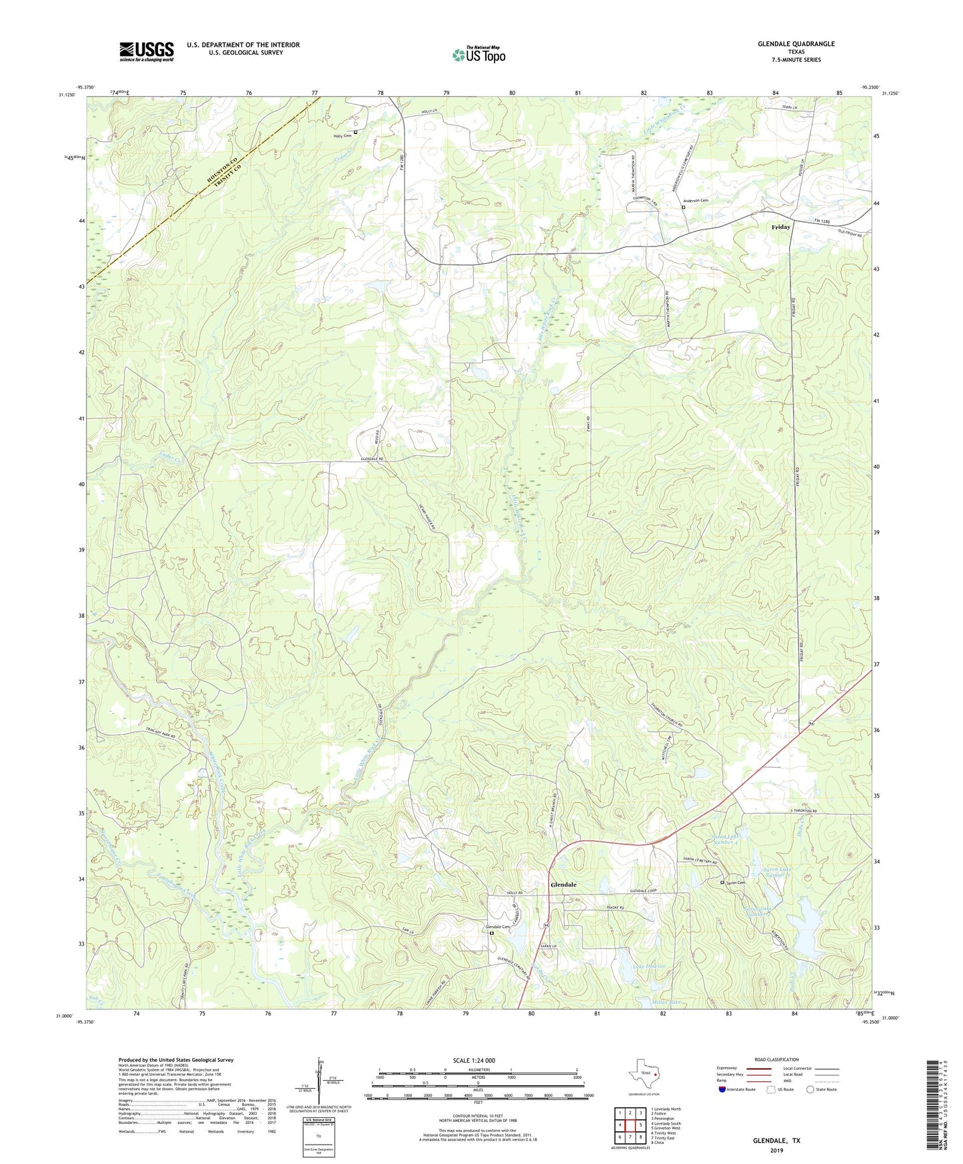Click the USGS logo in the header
coord(147,51)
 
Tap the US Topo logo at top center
coord(479,54)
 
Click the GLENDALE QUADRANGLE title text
coord(796,44)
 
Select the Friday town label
coord(780,227)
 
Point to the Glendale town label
coord(563,885)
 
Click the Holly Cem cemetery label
coord(342,135)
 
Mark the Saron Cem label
coord(735,883)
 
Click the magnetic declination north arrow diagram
coord(319,1083)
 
